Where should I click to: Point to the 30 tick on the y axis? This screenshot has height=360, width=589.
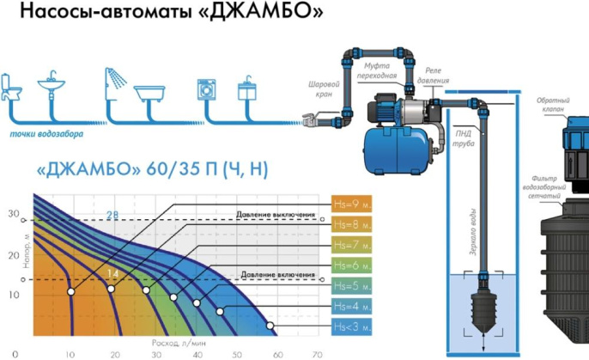(14, 212)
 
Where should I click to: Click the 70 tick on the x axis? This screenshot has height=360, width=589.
(317, 352)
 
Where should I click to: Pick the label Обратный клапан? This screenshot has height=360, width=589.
(554, 105)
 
